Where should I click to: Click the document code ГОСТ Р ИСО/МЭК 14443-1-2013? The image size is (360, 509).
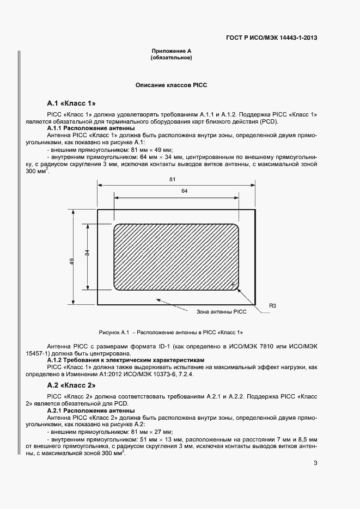[x=271, y=38]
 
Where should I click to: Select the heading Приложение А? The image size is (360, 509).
[x=171, y=51]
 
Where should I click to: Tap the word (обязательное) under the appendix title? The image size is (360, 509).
[x=171, y=57]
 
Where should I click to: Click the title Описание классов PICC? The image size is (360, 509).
[x=171, y=85]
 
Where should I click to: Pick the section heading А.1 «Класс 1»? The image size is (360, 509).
[x=71, y=103]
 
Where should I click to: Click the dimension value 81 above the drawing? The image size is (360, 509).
[x=172, y=179]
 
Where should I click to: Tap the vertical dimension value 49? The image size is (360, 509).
[x=72, y=261]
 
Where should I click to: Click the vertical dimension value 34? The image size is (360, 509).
[x=87, y=253]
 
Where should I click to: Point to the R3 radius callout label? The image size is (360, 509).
[x=272, y=306]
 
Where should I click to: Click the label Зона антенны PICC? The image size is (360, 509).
[x=221, y=312]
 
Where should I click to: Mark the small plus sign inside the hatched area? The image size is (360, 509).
[x=233, y=285]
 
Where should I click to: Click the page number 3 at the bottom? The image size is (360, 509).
[x=315, y=463]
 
